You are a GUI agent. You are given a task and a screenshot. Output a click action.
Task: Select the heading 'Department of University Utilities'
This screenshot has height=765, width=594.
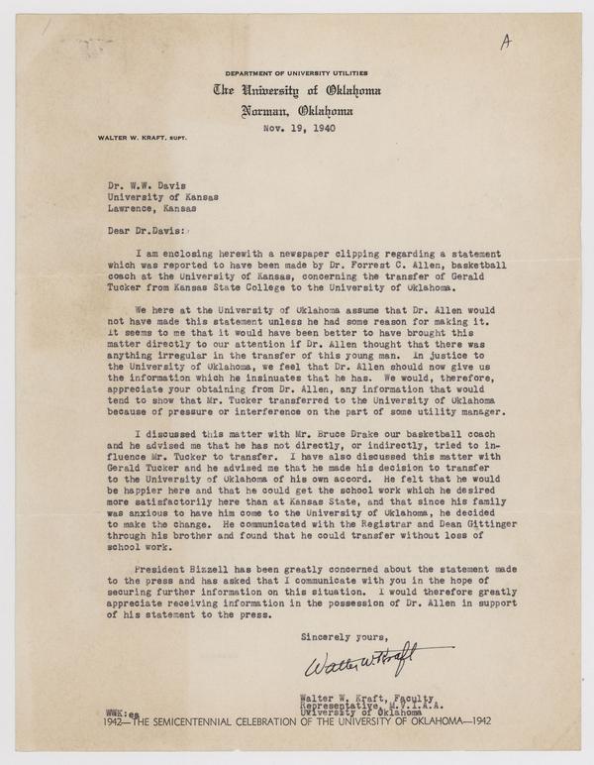click(x=298, y=74)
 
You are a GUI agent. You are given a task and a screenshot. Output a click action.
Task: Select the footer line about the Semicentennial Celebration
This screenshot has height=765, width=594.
click(x=296, y=718)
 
